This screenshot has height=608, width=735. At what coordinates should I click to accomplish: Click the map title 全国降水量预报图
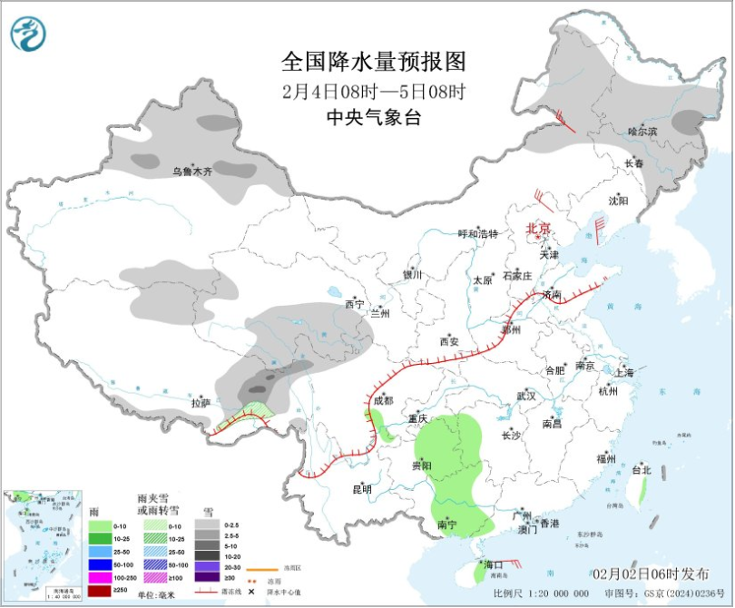pos(373,62)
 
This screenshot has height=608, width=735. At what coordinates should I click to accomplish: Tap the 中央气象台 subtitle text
pos(373,116)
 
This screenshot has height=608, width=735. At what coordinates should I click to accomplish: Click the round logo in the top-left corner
pos(28,34)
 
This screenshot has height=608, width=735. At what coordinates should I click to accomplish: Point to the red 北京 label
pos(538,229)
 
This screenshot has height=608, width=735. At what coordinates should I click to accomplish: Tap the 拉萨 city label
pos(200,402)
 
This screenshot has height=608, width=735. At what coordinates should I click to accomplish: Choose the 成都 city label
pos(382,400)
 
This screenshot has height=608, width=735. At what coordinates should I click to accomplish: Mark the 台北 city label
pos(642,470)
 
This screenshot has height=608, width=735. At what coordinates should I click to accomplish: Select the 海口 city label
pos(493,564)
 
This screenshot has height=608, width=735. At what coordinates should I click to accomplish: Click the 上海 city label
pos(624,372)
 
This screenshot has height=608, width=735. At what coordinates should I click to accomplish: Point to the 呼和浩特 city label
pos(477,234)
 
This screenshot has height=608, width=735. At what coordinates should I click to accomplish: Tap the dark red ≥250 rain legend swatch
pos(101,591)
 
